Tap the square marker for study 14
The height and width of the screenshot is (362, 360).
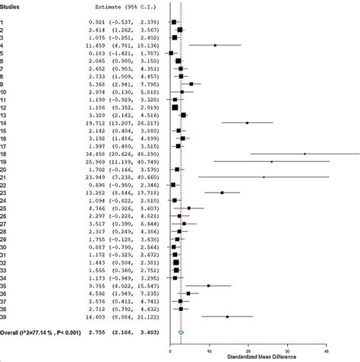(247, 122)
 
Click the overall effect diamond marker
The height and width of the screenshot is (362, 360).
(181, 332)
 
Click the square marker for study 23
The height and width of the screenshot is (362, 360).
(222, 192)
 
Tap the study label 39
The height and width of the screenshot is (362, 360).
(5, 316)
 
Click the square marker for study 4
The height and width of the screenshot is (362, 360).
(215, 46)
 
